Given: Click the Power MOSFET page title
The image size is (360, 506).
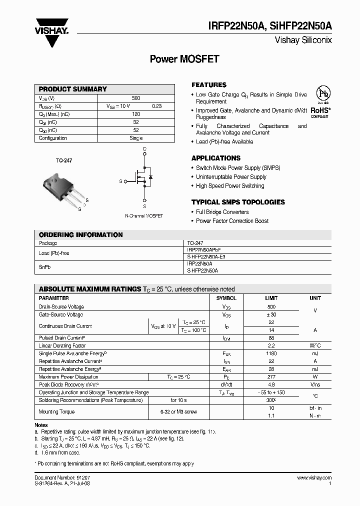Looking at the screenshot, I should click(x=184, y=59).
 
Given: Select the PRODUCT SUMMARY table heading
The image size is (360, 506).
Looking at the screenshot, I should click(x=73, y=89).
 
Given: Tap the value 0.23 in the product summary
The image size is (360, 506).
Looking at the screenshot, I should click(x=156, y=106).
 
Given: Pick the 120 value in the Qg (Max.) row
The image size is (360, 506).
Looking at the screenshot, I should click(x=136, y=114).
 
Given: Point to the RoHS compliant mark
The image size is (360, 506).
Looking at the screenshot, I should click(x=320, y=111).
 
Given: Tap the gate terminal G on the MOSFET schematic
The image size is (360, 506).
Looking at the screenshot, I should click(x=120, y=181).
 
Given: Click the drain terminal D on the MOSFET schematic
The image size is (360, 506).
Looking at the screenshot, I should click(x=144, y=149).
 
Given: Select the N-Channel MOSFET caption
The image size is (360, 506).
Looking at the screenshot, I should click(x=144, y=215).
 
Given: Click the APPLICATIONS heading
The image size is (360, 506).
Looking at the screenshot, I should click(x=216, y=158).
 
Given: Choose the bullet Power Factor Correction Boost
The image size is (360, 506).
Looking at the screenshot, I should click(x=232, y=221).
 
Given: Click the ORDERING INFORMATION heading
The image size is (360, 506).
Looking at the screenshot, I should click(x=80, y=234).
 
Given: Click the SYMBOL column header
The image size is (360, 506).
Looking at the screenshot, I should click(x=226, y=298).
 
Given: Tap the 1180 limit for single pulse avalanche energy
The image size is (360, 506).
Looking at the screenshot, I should click(x=271, y=353).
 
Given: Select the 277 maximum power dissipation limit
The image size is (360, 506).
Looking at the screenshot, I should click(x=271, y=377).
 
